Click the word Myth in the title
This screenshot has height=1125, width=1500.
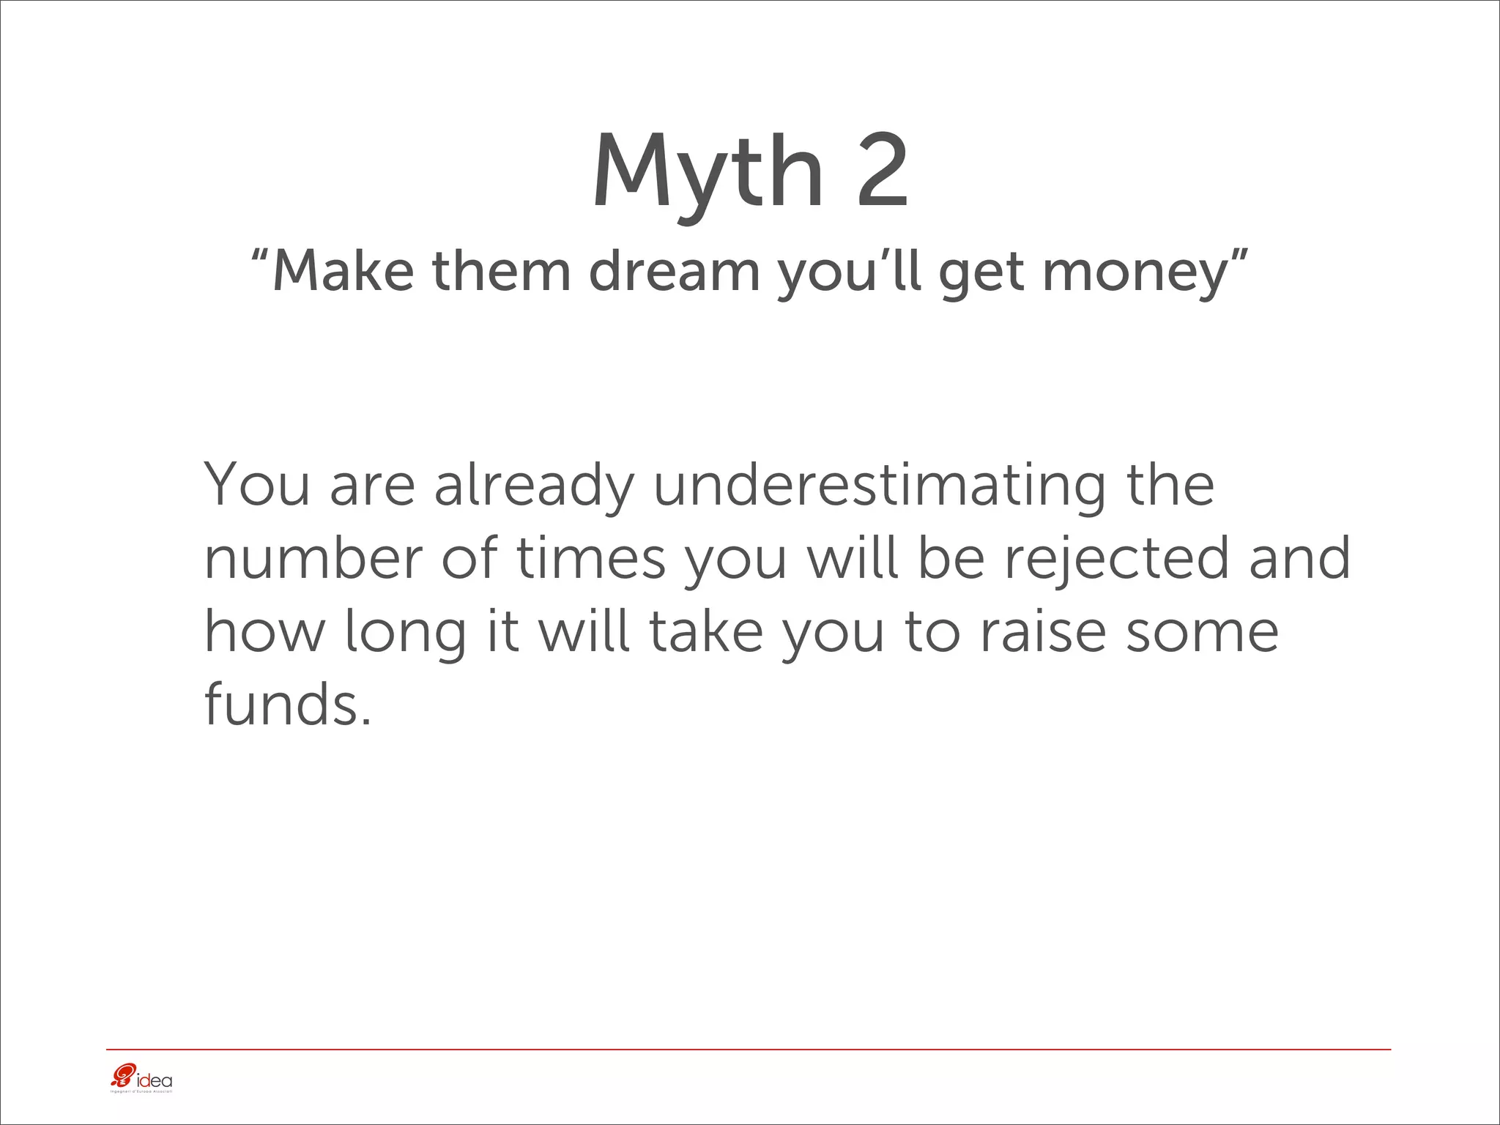tap(708, 174)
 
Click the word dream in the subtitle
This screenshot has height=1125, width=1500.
tap(674, 271)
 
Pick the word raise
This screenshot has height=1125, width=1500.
tap(1043, 631)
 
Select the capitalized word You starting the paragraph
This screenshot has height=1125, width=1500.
tap(257, 485)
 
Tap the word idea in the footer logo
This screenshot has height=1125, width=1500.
tap(155, 1080)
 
